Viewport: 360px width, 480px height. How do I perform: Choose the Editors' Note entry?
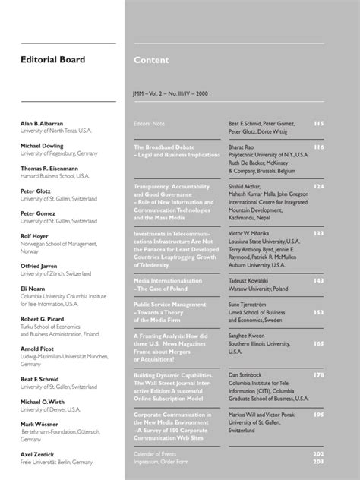(x=150, y=122)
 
